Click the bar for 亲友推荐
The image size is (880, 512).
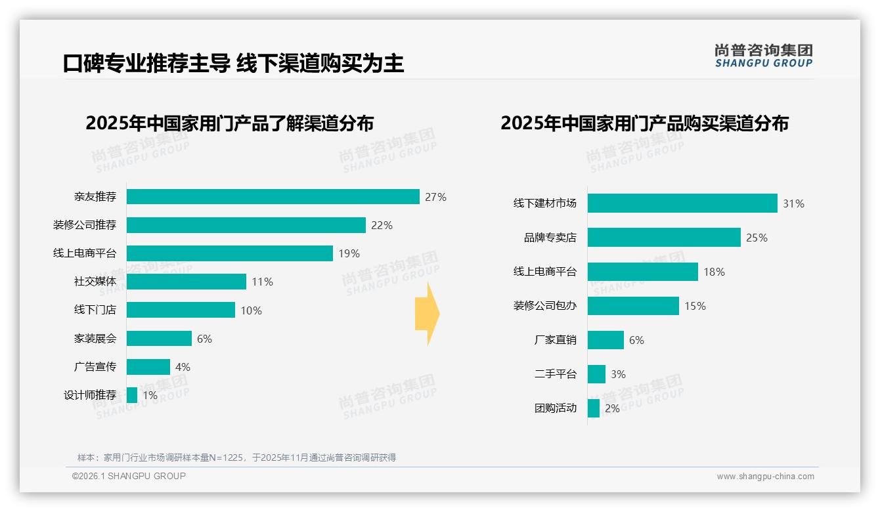[x=273, y=197]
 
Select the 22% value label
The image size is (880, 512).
[x=382, y=225]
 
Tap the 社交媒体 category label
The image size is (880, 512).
[x=95, y=282]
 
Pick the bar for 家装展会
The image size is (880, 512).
[x=159, y=339]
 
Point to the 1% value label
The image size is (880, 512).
[x=150, y=395]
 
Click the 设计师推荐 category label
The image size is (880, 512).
[x=90, y=395]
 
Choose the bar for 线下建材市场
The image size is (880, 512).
[x=682, y=203]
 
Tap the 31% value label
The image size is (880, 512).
[x=793, y=203]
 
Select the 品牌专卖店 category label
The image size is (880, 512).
[x=550, y=238]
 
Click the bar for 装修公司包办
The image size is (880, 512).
[x=633, y=306]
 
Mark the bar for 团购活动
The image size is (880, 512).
[x=594, y=408]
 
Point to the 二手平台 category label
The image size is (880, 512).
[x=555, y=374]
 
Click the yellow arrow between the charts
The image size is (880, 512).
[x=427, y=314]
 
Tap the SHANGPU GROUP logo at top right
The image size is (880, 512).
[x=763, y=56]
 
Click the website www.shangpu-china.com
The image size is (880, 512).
[x=765, y=477]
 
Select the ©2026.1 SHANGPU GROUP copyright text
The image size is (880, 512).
[x=129, y=476]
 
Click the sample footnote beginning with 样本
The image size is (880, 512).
[x=236, y=458]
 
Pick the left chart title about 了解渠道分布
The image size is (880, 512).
[x=229, y=123]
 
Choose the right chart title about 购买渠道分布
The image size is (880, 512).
[x=644, y=123]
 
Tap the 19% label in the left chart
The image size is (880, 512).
[x=349, y=253]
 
